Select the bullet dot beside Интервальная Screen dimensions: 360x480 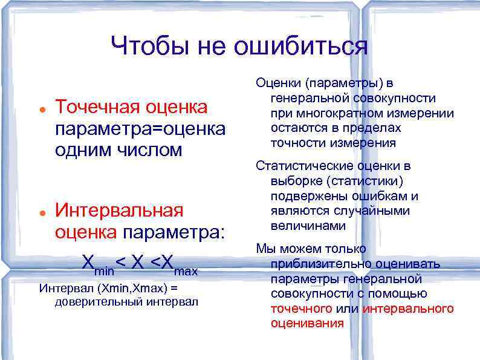(39, 213)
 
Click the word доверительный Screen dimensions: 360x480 (99, 301)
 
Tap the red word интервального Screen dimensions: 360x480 (408, 309)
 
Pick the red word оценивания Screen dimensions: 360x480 (307, 323)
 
